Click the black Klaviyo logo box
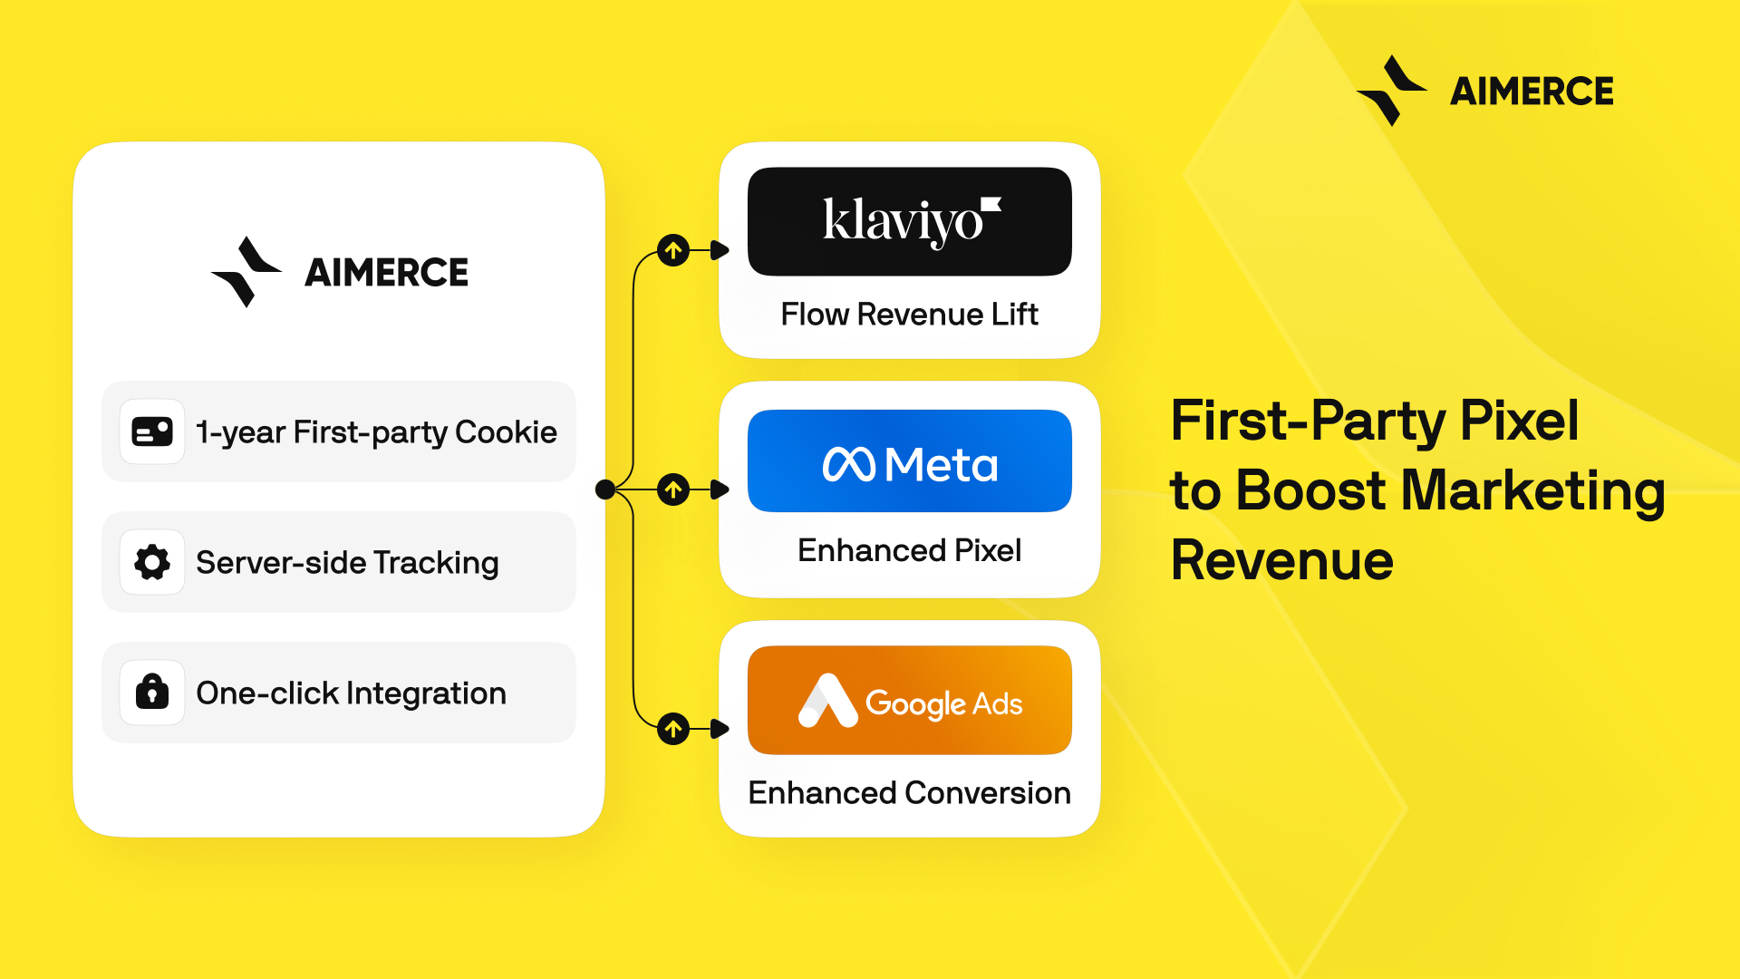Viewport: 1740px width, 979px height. point(909,221)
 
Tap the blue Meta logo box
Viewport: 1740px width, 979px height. point(909,461)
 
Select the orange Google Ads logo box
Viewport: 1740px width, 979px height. point(909,700)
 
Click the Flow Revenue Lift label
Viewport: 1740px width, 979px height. point(909,315)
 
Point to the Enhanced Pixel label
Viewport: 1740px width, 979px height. point(909,550)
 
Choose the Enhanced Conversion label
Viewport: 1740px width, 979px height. point(909,793)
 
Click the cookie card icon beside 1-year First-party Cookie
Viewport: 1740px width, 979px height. point(152,431)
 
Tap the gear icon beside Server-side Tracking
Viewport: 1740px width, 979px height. point(152,562)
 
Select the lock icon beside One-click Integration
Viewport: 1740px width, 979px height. point(152,693)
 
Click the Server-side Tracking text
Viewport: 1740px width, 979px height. point(347,563)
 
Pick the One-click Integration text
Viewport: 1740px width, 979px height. point(351,693)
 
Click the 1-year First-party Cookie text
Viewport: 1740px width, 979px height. point(376,432)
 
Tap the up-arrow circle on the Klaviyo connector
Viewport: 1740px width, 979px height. point(673,250)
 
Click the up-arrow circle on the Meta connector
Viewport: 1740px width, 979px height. point(673,490)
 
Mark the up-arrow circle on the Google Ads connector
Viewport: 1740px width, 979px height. point(673,728)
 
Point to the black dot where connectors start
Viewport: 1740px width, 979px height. point(605,490)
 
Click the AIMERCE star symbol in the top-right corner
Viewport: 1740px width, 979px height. point(1391,91)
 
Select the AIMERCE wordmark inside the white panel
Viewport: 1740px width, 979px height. point(386,273)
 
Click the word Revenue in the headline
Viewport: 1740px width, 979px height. point(1281,560)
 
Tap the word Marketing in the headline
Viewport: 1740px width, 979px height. point(1532,490)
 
